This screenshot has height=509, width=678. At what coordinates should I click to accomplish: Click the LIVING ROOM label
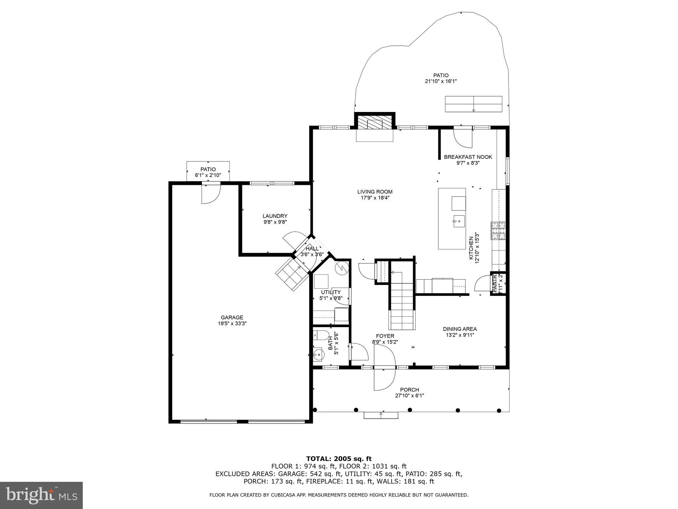375,192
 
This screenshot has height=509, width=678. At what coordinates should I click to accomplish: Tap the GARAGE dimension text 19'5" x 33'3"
232,323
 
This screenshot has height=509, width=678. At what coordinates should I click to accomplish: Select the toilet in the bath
320,335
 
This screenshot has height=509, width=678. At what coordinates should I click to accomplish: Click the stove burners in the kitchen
499,231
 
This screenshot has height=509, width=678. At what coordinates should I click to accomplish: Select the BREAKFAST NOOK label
468,157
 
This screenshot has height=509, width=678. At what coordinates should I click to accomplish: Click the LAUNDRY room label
275,216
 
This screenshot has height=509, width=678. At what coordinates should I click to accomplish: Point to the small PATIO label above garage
208,169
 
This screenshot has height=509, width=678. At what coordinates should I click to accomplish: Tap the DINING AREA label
460,329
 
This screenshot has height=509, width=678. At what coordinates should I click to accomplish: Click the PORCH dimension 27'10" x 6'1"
410,395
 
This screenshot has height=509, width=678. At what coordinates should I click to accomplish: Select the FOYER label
385,336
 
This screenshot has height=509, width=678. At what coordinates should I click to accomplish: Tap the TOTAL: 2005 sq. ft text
339,459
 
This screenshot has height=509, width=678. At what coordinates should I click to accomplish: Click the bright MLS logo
41,495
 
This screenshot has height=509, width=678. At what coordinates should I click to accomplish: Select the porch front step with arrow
381,415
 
